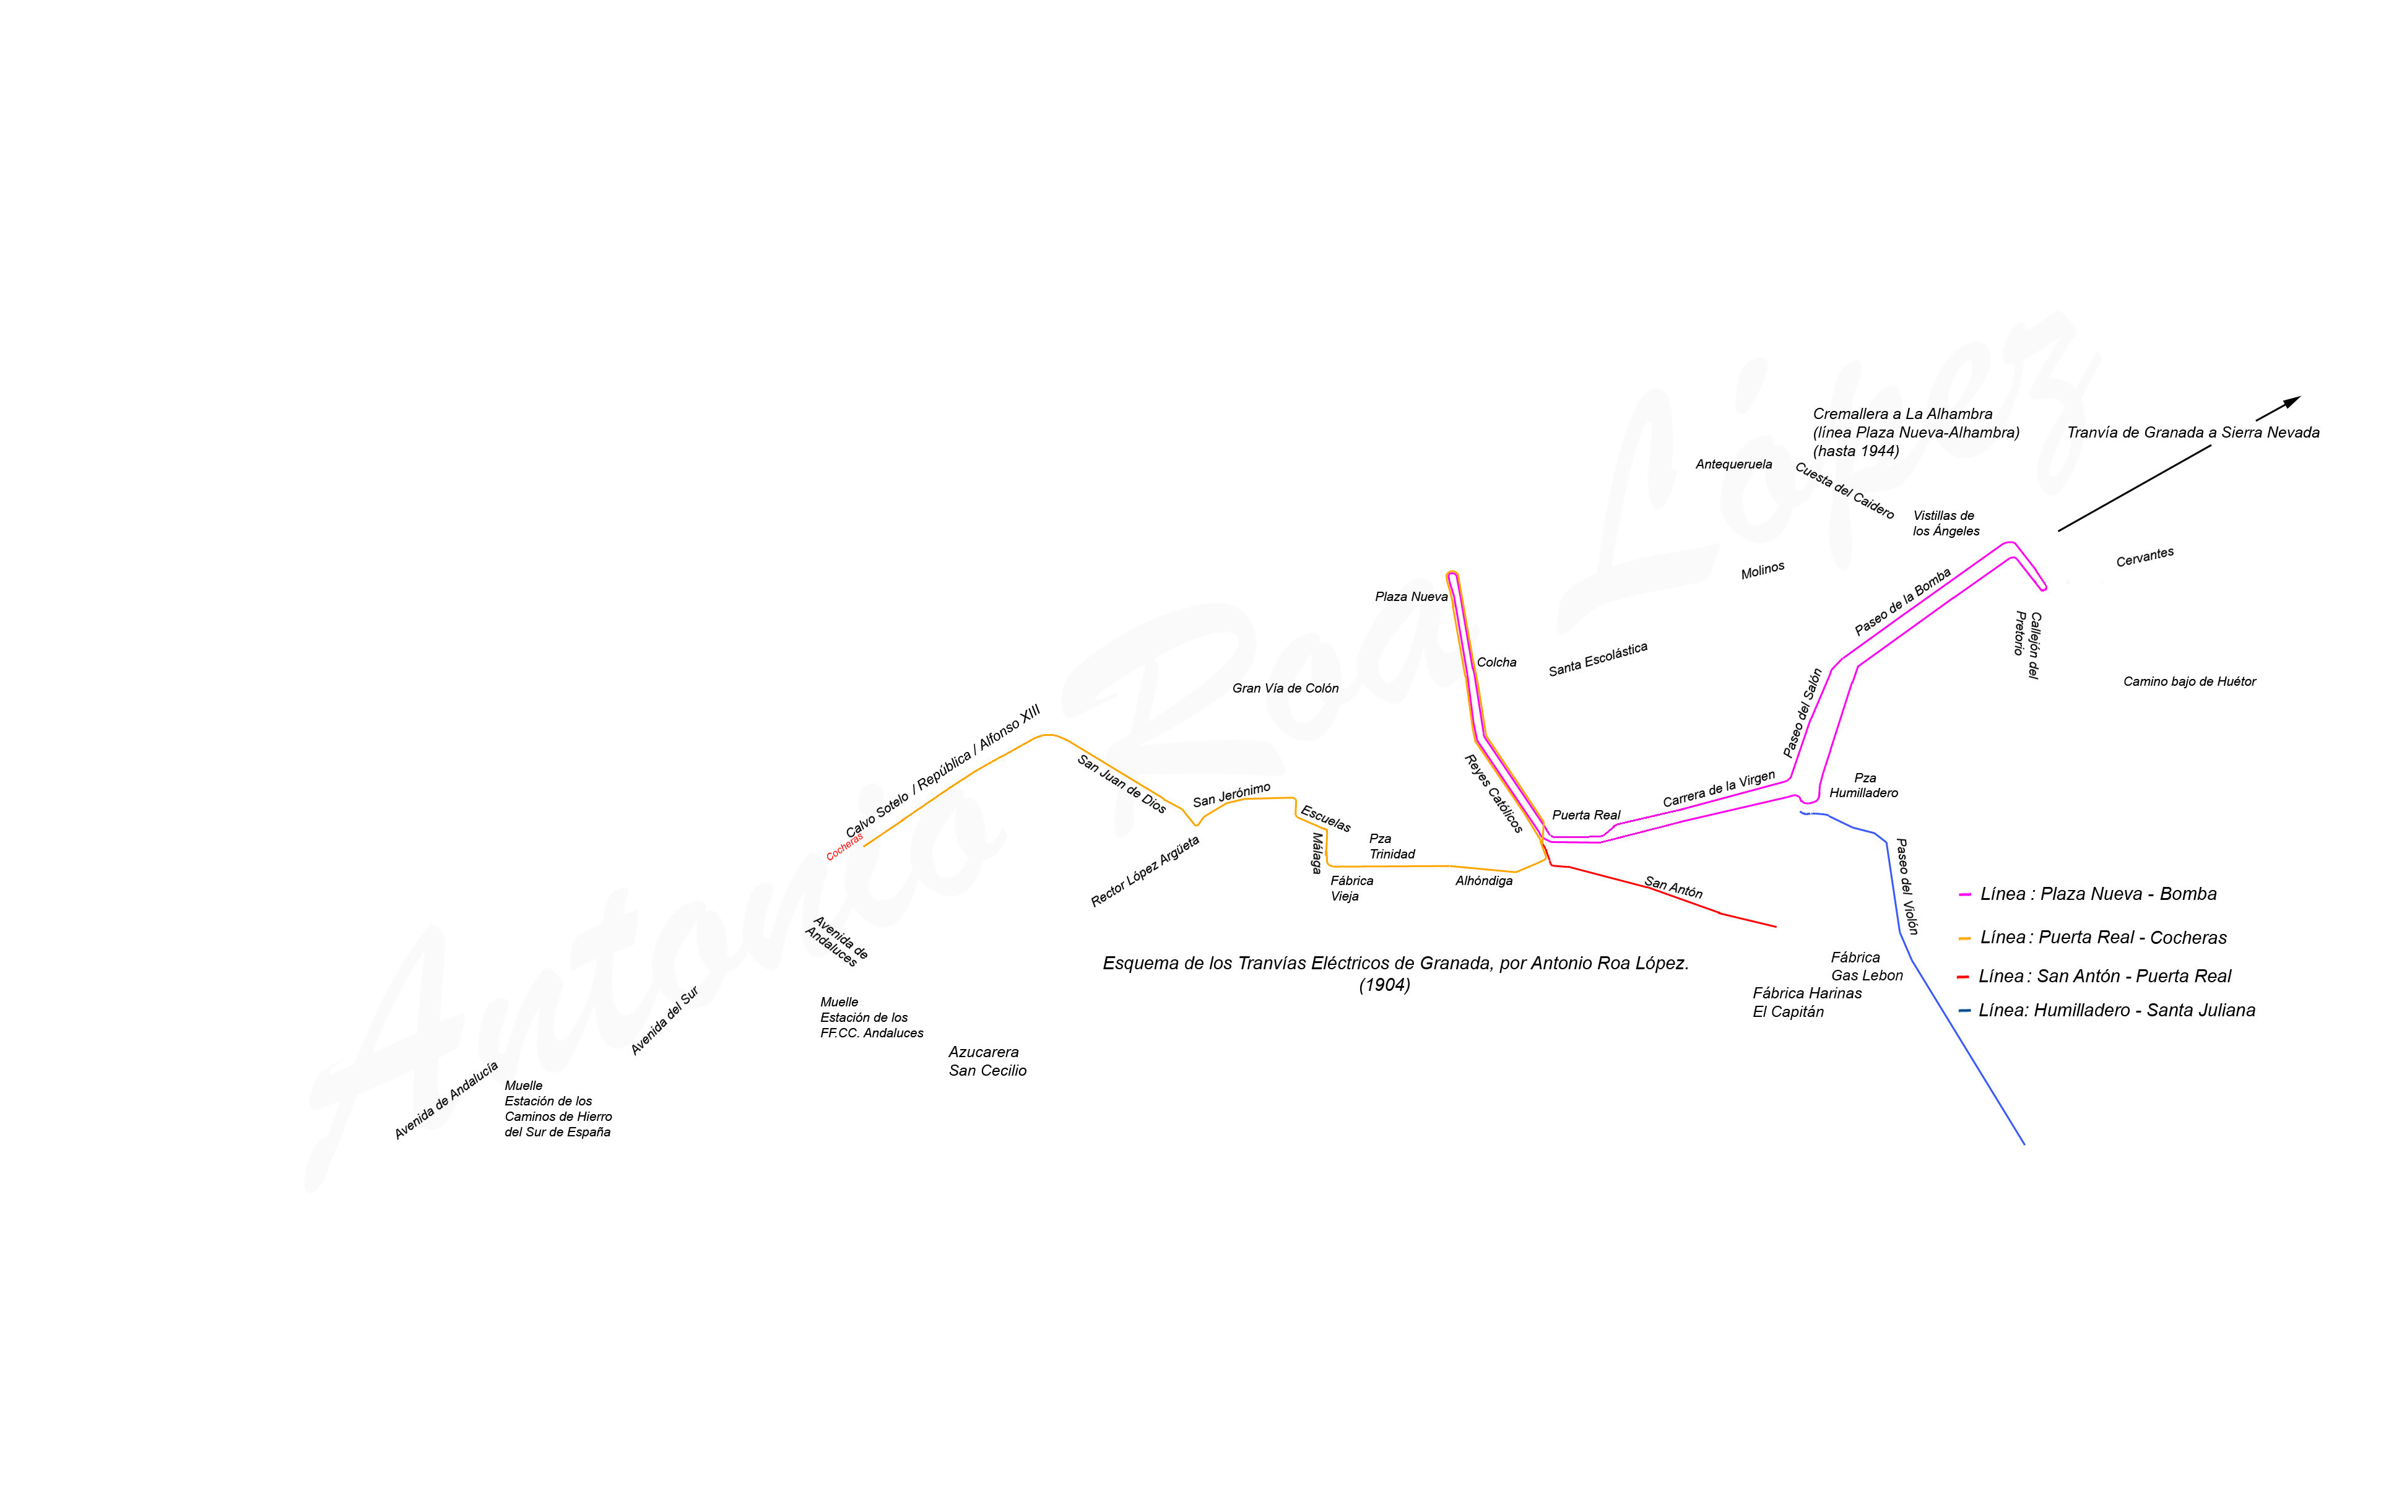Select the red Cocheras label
(844, 847)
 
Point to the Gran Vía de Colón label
(1285, 688)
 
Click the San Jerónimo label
(1231, 795)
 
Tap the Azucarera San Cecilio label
(987, 1061)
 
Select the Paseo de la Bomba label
(1902, 601)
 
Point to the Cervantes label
(2145, 557)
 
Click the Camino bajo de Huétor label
(2189, 681)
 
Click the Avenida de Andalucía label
(446, 1100)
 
